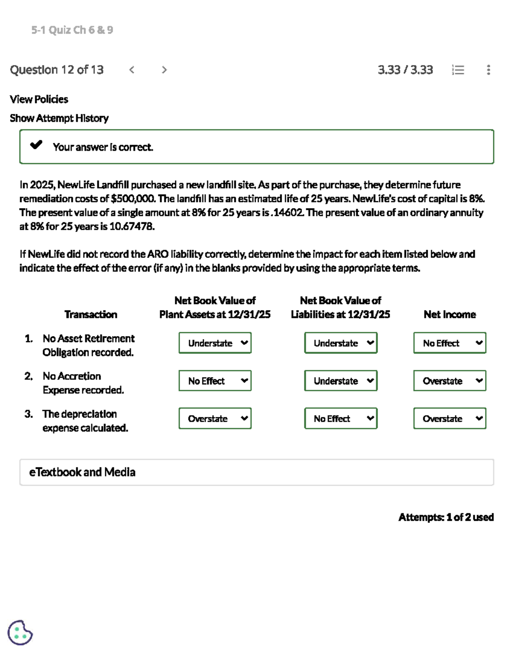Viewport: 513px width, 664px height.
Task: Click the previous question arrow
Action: [x=132, y=70]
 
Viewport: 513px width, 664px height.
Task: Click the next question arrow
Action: [x=164, y=70]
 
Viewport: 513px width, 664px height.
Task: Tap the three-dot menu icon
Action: [x=488, y=70]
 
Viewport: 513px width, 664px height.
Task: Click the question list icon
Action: [x=458, y=70]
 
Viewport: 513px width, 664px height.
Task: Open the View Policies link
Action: [x=39, y=99]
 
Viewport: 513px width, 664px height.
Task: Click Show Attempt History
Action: [x=59, y=118]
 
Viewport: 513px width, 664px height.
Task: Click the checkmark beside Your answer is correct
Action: [x=36, y=145]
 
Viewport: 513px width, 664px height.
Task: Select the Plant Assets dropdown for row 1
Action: [x=215, y=343]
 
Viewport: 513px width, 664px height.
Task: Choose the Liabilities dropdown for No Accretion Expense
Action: [x=341, y=381]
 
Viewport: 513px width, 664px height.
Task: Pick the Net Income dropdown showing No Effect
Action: [x=450, y=343]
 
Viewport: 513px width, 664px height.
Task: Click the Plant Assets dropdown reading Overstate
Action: [x=215, y=418]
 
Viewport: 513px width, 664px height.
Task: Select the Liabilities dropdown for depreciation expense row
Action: [x=341, y=418]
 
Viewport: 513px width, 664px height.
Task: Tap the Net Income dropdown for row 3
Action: [x=450, y=418]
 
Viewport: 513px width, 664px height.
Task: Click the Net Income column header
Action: [x=450, y=314]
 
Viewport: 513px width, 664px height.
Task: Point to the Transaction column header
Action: [x=91, y=314]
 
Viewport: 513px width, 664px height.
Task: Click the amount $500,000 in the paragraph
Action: [x=133, y=199]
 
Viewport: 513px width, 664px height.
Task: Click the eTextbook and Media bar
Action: [x=256, y=472]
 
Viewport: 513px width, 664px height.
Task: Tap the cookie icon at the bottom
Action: [x=20, y=632]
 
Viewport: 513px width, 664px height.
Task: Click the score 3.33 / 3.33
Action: [x=405, y=70]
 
